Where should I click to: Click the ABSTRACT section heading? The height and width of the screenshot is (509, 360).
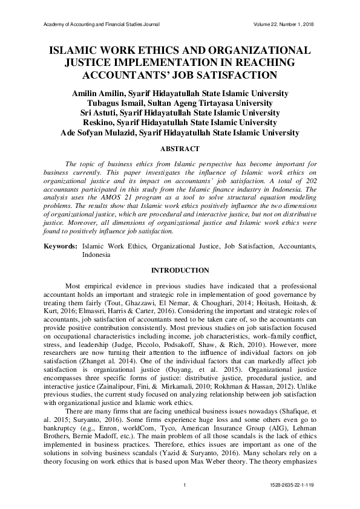click(x=180, y=147)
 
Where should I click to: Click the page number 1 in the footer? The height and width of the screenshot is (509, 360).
click(x=183, y=485)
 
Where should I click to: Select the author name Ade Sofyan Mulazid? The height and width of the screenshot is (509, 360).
click(x=99, y=132)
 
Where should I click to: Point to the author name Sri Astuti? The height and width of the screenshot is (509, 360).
click(x=103, y=112)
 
